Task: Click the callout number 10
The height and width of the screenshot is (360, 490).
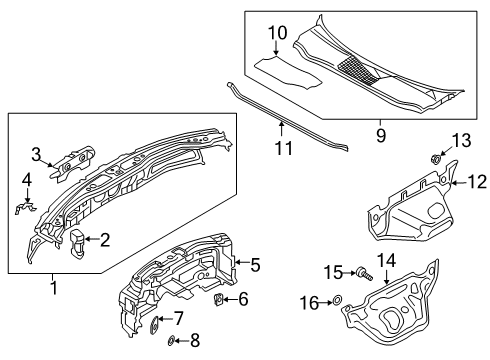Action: pyautogui.click(x=277, y=33)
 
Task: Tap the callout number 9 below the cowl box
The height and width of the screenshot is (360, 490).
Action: pyautogui.click(x=381, y=135)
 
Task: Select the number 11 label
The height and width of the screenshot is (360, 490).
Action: pyautogui.click(x=284, y=148)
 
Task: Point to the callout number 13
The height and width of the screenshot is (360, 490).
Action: pyautogui.click(x=461, y=140)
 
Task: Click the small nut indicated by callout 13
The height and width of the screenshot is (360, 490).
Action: pyautogui.click(x=435, y=159)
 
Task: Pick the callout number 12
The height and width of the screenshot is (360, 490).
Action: pyautogui.click(x=478, y=182)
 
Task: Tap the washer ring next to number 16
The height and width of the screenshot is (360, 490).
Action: pyautogui.click(x=337, y=300)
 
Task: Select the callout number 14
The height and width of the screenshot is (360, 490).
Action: pyautogui.click(x=386, y=260)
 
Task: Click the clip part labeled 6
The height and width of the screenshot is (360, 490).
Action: pyautogui.click(x=219, y=299)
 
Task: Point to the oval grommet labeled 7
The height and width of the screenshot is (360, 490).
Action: pyautogui.click(x=155, y=324)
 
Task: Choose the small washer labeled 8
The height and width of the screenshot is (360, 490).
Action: pyautogui.click(x=171, y=341)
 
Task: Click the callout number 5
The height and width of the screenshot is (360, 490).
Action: pyautogui.click(x=255, y=265)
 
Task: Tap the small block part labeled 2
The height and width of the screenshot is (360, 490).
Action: pyautogui.click(x=77, y=244)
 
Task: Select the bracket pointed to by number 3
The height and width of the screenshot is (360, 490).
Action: pyautogui.click(x=73, y=163)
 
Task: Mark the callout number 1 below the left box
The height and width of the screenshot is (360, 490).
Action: pyautogui.click(x=53, y=287)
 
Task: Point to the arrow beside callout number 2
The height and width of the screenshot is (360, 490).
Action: pyautogui.click(x=92, y=239)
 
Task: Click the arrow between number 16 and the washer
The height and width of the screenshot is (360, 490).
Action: pyautogui.click(x=326, y=303)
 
